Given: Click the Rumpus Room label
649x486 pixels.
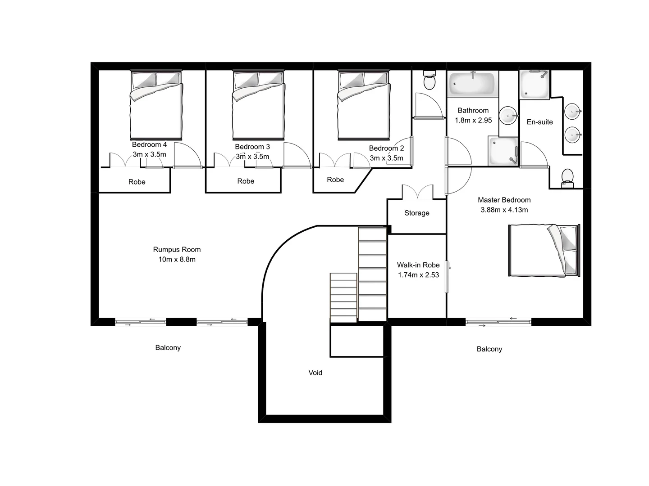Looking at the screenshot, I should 177,249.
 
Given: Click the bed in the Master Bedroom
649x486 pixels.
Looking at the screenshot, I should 544,250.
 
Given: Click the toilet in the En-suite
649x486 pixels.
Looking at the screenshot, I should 567,177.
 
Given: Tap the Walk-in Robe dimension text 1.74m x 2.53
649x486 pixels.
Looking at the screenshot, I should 418,275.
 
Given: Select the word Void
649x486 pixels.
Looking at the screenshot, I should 315,373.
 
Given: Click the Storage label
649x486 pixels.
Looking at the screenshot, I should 416,213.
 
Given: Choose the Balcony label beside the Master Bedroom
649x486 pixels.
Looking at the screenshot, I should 489,349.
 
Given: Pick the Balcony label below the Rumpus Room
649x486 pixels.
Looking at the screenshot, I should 168,347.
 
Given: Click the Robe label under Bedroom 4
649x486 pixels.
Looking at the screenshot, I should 137,182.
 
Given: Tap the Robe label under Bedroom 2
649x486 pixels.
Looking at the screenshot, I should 335,180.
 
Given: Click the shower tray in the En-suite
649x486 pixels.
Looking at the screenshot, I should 534,84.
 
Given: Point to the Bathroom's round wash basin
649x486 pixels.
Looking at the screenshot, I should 509,115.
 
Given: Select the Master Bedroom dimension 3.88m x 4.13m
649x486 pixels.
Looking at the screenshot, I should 504,210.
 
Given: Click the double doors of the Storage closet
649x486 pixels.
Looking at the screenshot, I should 417,192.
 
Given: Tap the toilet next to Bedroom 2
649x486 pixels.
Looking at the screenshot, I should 429,81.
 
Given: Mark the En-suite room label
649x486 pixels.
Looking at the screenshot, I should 539,122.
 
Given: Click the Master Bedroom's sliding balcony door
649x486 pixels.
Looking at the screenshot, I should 498,321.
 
